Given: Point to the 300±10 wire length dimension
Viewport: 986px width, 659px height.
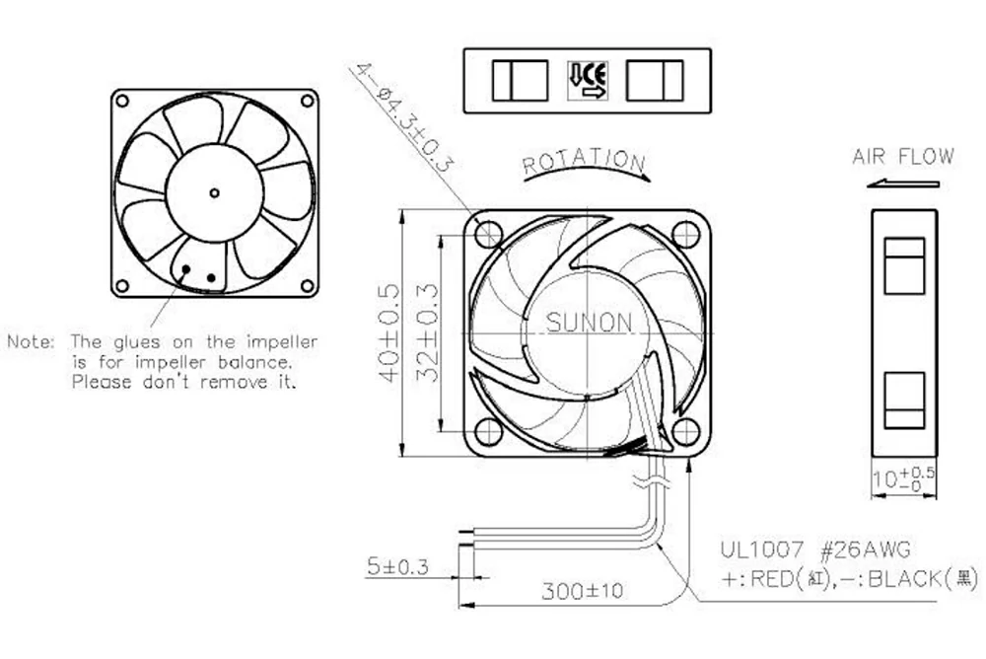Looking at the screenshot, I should coord(582,592).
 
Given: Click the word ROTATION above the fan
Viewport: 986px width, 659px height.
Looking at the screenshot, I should coord(583,161).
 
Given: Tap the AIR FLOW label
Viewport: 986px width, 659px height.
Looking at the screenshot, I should coord(903,157).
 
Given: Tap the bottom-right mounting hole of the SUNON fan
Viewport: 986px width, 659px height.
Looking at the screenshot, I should coord(685,431).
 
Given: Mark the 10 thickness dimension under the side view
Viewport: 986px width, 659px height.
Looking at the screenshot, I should coord(891,479).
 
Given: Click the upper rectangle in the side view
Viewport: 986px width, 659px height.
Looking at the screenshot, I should coord(903,265).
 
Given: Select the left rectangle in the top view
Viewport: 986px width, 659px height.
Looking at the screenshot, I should coord(521,80).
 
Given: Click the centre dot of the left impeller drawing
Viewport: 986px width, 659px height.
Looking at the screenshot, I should coord(213,190).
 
